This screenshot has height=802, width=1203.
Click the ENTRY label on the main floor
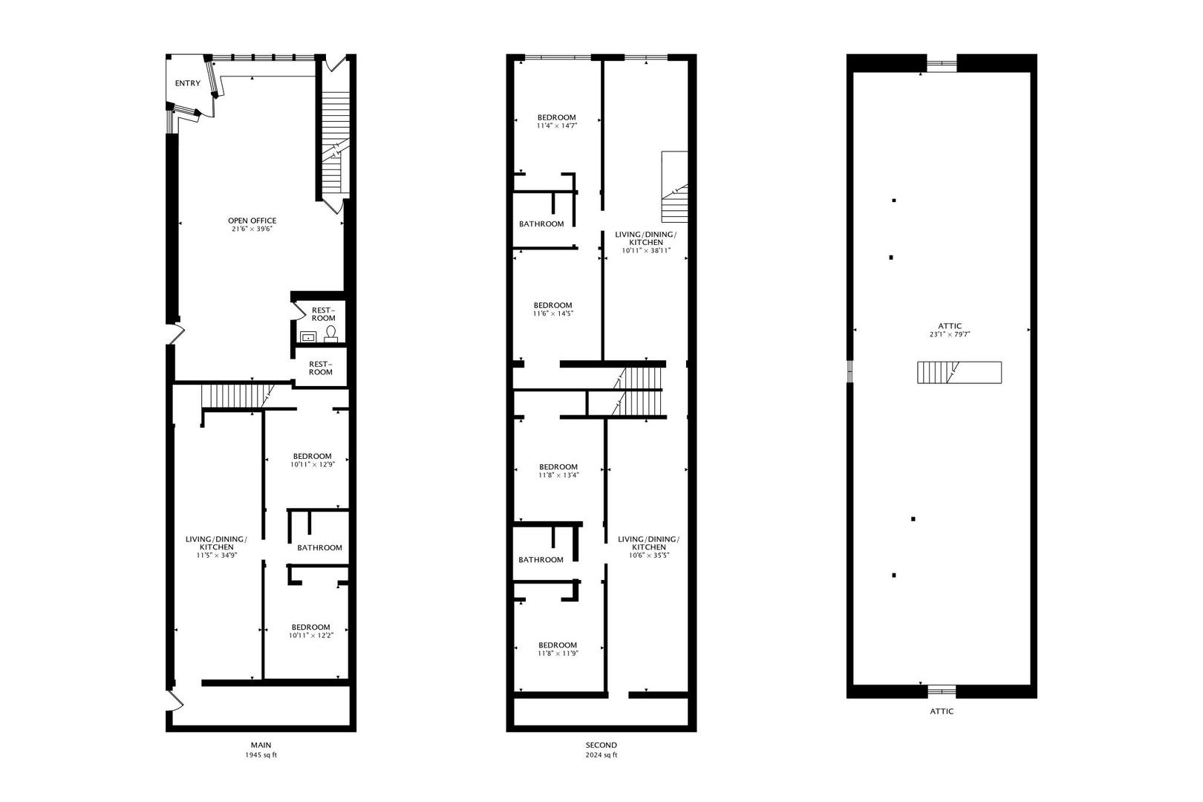pyautogui.click(x=187, y=84)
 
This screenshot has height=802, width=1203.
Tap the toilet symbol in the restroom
pyautogui.click(x=330, y=333)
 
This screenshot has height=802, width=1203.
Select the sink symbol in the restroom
pyautogui.click(x=308, y=337)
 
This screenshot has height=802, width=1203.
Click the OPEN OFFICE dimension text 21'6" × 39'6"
pyautogui.click(x=252, y=229)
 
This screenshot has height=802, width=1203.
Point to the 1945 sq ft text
pyautogui.click(x=261, y=755)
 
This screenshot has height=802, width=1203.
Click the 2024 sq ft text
pyautogui.click(x=601, y=755)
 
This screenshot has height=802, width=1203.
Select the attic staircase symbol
pyautogui.click(x=959, y=372)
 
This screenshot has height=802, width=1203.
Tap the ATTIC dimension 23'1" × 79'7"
pyautogui.click(x=950, y=335)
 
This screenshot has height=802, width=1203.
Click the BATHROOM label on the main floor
pyautogui.click(x=319, y=548)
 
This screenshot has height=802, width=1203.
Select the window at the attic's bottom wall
pyautogui.click(x=942, y=691)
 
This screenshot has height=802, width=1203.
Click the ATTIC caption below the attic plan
pyautogui.click(x=942, y=711)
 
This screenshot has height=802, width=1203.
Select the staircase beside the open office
pyautogui.click(x=335, y=141)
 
